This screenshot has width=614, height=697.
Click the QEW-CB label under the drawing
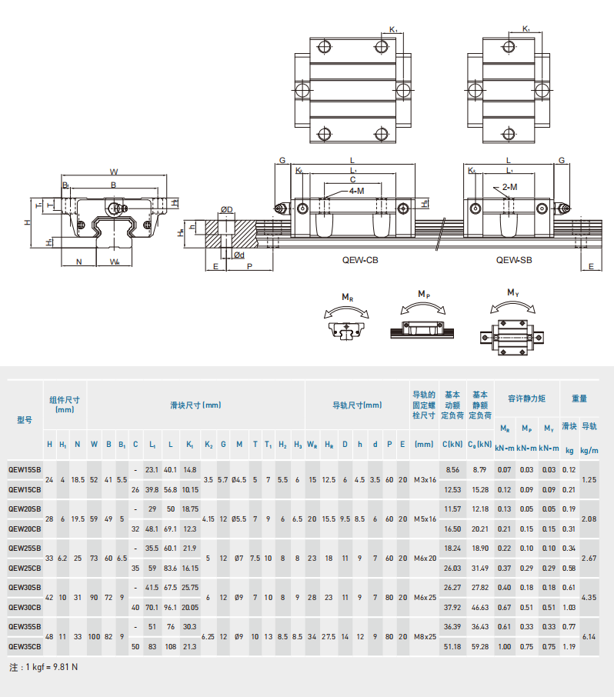[360, 260]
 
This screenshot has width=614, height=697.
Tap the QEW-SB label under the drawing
[514, 260]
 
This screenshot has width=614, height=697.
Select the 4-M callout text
[356, 190]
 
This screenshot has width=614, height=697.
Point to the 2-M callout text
[509, 187]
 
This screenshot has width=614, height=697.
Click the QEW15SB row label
[25, 469]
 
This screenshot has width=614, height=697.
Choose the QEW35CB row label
[25, 646]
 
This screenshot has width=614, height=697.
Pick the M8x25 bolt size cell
[424, 636]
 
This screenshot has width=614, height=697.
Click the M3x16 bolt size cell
[424, 479]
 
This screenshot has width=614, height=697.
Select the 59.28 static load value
[480, 646]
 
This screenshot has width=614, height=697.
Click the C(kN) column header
[452, 445]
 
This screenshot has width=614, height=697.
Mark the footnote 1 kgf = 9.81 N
[44, 666]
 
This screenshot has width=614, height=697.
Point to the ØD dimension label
[227, 209]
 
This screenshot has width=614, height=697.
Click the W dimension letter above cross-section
[114, 172]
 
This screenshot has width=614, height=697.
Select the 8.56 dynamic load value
[452, 469]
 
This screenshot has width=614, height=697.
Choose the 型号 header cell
[25, 420]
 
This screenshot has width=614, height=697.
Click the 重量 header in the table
[579, 399]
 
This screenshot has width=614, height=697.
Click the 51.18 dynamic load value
[452, 646]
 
